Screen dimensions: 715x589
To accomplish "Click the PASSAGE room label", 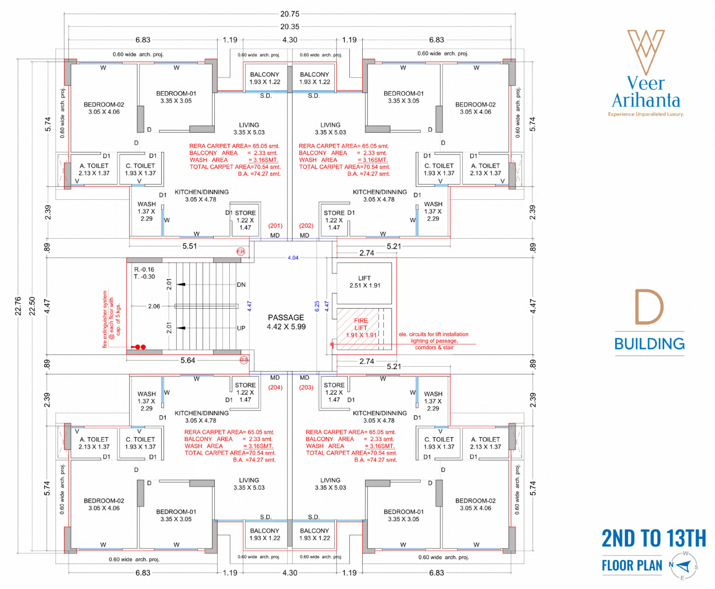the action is pyautogui.click(x=286, y=318).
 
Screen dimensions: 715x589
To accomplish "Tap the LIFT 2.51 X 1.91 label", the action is pyautogui.click(x=365, y=282).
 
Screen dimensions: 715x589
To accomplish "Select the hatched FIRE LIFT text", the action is pyautogui.click(x=361, y=324).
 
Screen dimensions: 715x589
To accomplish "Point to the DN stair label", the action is pyautogui.click(x=241, y=285).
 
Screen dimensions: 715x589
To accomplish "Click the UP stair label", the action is pyautogui.click(x=241, y=328).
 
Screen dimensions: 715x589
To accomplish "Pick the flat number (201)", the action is pyautogui.click(x=275, y=225).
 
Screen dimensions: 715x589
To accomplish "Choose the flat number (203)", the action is pyautogui.click(x=306, y=388).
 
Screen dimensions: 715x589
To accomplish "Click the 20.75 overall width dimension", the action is pyautogui.click(x=290, y=14).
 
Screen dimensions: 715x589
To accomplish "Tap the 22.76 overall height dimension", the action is pyautogui.click(x=18, y=306).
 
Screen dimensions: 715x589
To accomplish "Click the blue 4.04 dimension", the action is pyautogui.click(x=293, y=258).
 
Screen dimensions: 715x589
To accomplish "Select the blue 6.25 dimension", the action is pyautogui.click(x=317, y=306).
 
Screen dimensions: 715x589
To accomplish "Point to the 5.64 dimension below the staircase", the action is pyautogui.click(x=188, y=360).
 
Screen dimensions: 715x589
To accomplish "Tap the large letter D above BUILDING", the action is pyautogui.click(x=649, y=307).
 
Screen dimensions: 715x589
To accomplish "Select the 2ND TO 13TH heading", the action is pyautogui.click(x=654, y=538).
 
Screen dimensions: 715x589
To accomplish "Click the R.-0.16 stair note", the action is pyautogui.click(x=144, y=270).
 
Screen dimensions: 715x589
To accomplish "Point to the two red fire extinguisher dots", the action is pyautogui.click(x=140, y=347).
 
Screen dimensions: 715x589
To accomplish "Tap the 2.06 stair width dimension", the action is pyautogui.click(x=154, y=306).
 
